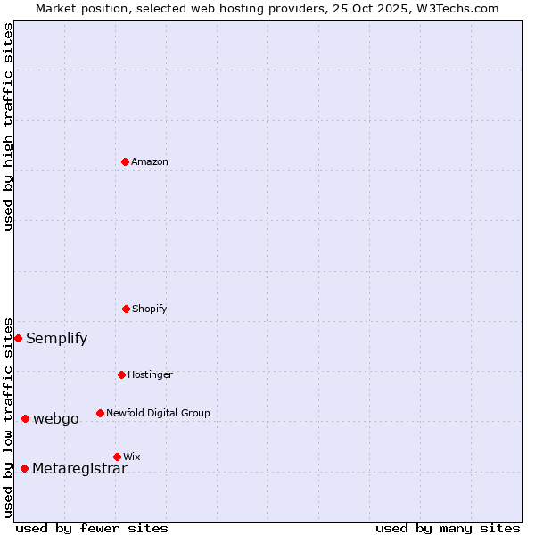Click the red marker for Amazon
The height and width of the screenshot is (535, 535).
(x=125, y=161)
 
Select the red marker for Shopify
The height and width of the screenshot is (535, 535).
(x=126, y=309)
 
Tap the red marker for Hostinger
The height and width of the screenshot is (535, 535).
(x=121, y=374)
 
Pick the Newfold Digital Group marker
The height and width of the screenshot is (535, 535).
(x=100, y=413)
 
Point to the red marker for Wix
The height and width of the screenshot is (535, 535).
(x=117, y=457)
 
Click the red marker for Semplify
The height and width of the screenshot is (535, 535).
(x=18, y=338)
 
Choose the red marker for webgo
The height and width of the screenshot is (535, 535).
(x=25, y=418)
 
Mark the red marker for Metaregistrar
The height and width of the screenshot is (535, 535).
(x=24, y=468)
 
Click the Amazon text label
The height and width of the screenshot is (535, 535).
(x=150, y=162)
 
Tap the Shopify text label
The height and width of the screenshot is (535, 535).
(x=150, y=309)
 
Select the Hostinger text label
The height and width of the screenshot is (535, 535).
(x=150, y=375)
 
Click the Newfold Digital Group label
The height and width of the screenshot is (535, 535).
(x=158, y=414)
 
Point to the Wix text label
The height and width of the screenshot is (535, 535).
(x=132, y=457)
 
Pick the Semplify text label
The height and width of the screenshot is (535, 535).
(x=56, y=339)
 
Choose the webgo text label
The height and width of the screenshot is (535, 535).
(x=55, y=419)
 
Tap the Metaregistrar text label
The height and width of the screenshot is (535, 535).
(x=79, y=469)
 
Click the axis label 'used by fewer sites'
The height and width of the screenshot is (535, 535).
(x=92, y=528)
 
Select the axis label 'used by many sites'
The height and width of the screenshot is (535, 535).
(x=448, y=528)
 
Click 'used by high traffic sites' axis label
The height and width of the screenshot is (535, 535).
(x=8, y=127)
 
